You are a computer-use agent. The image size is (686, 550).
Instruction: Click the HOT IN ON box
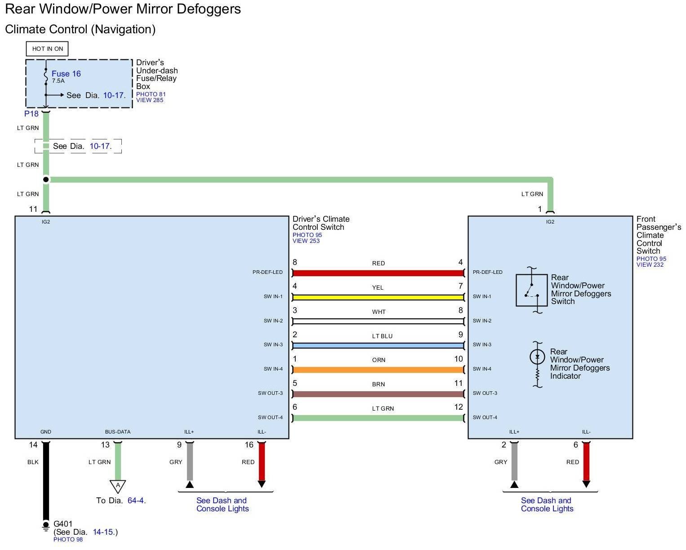click(x=47, y=49)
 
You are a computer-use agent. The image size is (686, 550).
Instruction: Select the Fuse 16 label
click(x=66, y=74)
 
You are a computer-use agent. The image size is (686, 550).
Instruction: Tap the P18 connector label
click(x=31, y=114)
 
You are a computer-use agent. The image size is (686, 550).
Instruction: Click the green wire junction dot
click(x=46, y=179)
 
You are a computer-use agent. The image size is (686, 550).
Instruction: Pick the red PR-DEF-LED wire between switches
click(x=378, y=273)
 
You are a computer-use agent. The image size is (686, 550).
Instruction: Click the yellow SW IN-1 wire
click(x=378, y=297)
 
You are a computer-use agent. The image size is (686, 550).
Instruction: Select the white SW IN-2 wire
click(x=378, y=322)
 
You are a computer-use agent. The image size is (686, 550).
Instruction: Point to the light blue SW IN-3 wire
click(x=378, y=345)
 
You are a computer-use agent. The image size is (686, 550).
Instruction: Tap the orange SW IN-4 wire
click(x=378, y=370)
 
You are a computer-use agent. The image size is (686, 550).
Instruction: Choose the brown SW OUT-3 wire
click(x=378, y=394)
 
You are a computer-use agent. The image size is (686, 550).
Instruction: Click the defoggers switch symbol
click(x=531, y=290)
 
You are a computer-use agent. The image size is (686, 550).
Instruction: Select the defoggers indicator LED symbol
click(x=537, y=357)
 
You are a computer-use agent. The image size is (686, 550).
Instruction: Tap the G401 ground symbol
click(x=45, y=526)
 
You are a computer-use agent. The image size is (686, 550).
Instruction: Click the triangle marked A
click(x=118, y=486)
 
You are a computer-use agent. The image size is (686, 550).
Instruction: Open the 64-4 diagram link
click(x=136, y=501)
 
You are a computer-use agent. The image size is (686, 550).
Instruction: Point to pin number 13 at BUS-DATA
click(x=105, y=445)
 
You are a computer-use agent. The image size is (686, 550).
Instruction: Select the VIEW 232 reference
click(x=650, y=264)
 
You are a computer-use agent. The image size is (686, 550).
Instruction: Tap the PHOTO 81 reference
click(x=151, y=94)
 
